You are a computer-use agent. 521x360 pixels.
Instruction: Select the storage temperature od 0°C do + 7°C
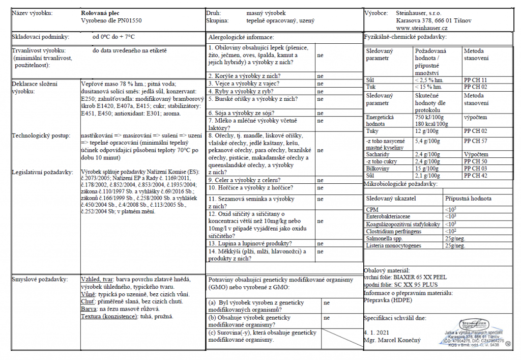pos(113,37)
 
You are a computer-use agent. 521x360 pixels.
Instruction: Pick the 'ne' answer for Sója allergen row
pos(320,113)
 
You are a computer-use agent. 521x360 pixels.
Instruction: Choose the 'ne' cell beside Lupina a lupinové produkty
pos(320,243)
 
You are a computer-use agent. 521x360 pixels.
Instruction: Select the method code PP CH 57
pos(476,141)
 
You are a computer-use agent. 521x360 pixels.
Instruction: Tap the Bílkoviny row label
pos(379,168)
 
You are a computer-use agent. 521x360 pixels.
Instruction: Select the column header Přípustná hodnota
pos(468,199)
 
